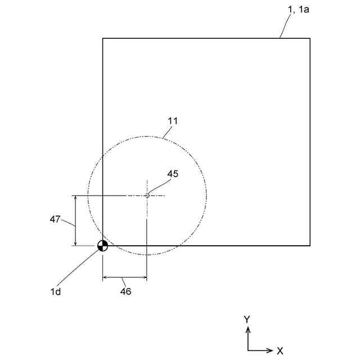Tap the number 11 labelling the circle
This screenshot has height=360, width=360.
[173, 121]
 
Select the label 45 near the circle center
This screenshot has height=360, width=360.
[173, 174]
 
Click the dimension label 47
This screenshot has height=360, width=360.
[55, 219]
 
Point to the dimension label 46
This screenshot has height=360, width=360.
[125, 291]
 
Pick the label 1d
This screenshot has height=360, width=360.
[55, 291]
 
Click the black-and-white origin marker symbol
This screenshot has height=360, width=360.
[102, 245]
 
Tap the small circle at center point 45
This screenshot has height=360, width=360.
[147, 196]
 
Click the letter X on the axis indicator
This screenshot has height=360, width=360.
[280, 350]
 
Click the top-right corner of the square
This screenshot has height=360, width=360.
[310, 38]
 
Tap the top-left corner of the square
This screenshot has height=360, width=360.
[102, 38]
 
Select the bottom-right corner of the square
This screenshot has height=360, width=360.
[310, 245]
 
